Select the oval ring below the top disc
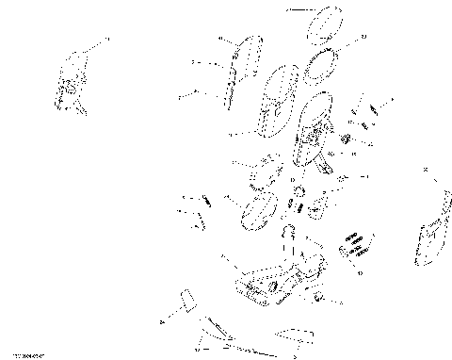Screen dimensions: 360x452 pyautogui.click(x=325, y=65)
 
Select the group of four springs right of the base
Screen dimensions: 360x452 pyautogui.click(x=355, y=244)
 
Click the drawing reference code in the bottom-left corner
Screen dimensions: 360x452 pyautogui.click(x=23, y=354)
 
